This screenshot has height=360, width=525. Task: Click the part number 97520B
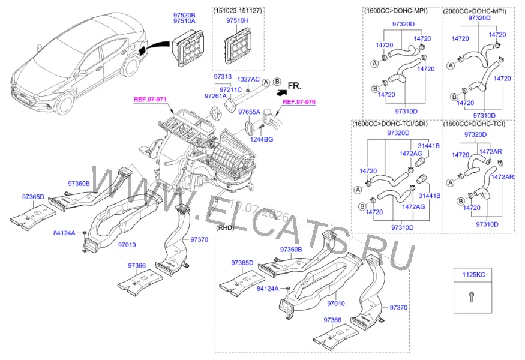pos(184,15)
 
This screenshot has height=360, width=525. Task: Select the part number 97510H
pos(238,20)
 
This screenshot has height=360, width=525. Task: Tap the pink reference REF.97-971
pos(150,100)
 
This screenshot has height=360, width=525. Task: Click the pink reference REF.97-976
pos(299,102)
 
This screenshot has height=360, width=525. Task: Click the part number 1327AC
pos(248,79)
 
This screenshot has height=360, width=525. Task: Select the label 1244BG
pos(262,139)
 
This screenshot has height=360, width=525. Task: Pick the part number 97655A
pos(249,112)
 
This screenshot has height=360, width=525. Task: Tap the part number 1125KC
pos(473,275)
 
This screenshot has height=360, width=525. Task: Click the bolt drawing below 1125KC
pos(471,297)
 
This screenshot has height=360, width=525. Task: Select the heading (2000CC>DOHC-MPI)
pos(475,11)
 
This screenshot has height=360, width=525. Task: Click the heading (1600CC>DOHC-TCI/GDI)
pos(390,124)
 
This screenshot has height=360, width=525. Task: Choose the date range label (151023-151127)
pos(238,11)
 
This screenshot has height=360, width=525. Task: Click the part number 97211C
pos(230,89)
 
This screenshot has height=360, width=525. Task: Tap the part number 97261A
pos(215,96)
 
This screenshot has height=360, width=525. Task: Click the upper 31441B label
pos(429,146)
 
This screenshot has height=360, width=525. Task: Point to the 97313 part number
pos(223,77)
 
